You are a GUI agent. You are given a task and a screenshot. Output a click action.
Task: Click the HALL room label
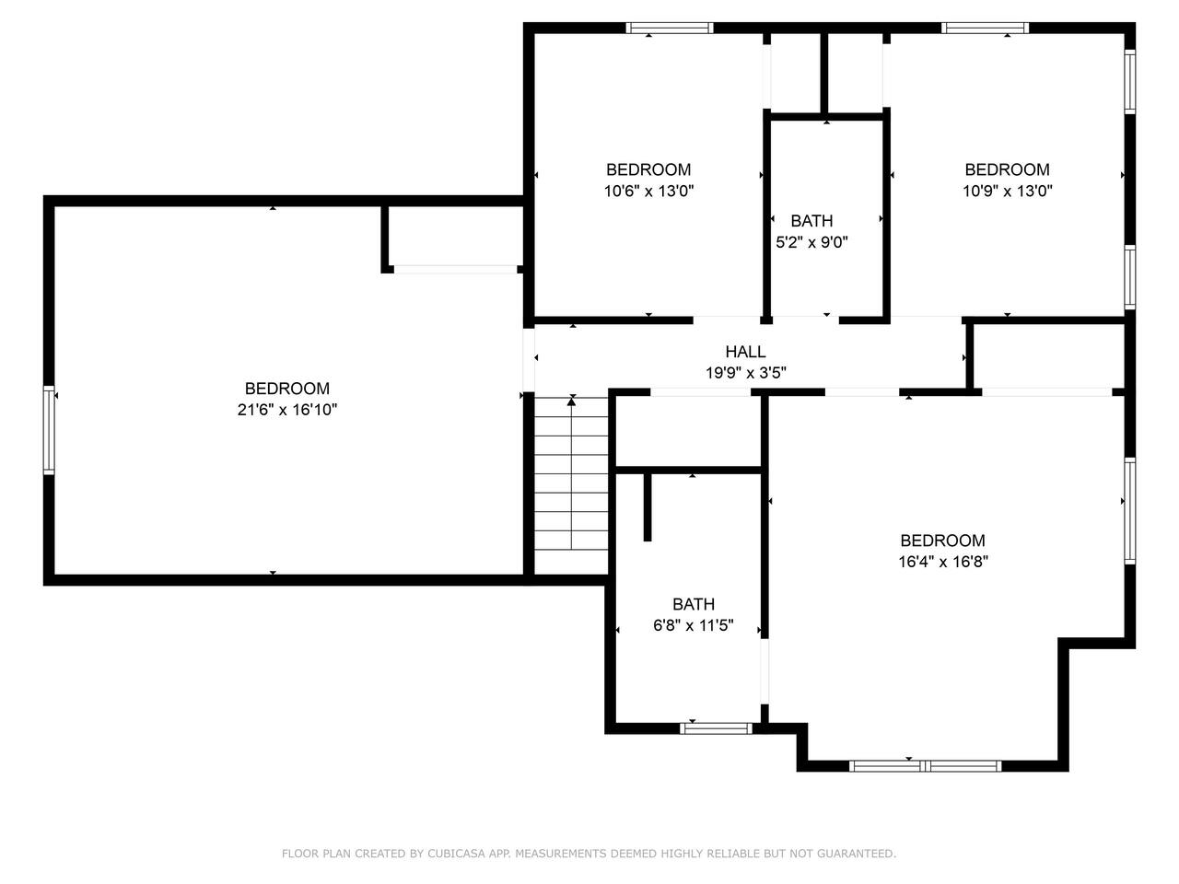(745, 352)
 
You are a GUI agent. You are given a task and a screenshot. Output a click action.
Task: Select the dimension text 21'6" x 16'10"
(287, 410)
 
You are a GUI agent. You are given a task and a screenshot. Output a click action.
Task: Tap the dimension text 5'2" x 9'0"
(811, 242)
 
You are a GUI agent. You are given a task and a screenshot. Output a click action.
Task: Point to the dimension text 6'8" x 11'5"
(694, 625)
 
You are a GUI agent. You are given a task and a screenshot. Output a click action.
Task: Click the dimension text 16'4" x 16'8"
(943, 562)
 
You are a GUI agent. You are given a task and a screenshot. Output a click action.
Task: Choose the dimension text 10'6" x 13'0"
(648, 191)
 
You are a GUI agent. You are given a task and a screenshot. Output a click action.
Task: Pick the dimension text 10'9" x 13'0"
(1007, 191)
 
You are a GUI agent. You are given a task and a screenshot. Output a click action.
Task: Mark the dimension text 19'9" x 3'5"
(745, 373)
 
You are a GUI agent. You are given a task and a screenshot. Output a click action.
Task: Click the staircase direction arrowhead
(571, 401)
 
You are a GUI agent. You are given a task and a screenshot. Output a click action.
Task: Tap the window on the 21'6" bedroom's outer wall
(49, 430)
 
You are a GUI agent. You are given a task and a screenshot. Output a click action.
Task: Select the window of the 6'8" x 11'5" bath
(716, 728)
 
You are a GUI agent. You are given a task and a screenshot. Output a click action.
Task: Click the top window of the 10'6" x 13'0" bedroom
(670, 28)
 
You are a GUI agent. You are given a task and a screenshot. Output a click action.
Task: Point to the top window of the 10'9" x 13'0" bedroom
(985, 28)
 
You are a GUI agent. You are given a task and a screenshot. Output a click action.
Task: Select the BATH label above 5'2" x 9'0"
(811, 221)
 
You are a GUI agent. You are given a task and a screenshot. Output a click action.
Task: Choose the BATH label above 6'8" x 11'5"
(694, 604)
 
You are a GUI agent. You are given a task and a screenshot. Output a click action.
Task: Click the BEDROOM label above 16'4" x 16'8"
(942, 540)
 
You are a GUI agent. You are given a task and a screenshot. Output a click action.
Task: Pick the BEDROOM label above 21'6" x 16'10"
(287, 388)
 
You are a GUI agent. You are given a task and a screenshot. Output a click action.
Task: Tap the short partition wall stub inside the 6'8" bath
(648, 507)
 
